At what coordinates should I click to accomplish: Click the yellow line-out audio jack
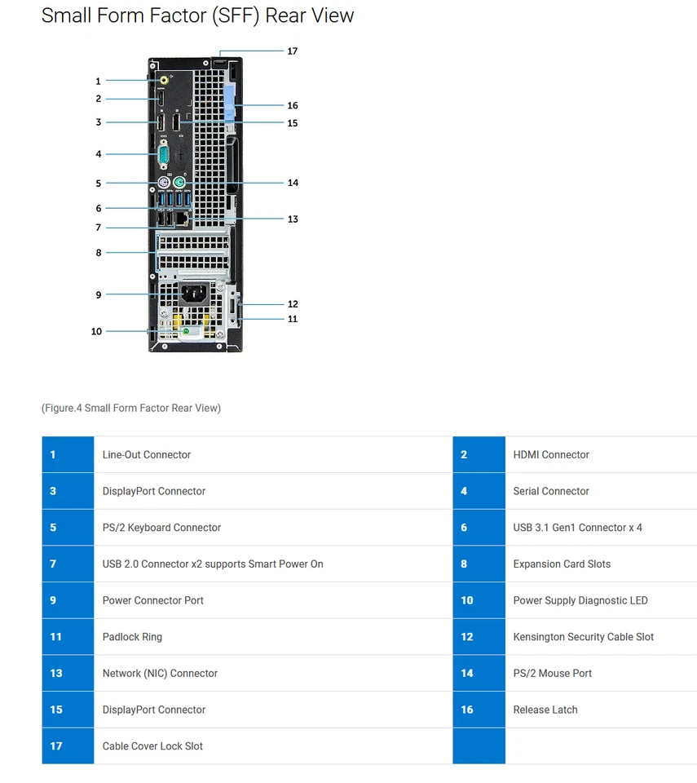click(164, 81)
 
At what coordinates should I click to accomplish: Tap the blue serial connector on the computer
click(161, 154)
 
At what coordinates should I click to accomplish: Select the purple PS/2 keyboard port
click(162, 183)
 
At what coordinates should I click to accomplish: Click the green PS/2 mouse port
click(179, 183)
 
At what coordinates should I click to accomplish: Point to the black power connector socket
click(192, 294)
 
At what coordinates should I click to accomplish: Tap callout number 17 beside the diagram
click(292, 51)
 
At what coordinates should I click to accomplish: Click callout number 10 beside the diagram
click(96, 331)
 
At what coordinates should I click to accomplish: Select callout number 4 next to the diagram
click(99, 154)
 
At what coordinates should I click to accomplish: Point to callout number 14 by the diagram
click(293, 183)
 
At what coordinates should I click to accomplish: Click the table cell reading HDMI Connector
click(551, 455)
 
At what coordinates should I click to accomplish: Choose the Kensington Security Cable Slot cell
click(583, 637)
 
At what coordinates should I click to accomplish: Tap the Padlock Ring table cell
click(132, 637)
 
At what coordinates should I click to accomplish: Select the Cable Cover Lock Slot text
click(152, 746)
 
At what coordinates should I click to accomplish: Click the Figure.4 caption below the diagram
click(130, 408)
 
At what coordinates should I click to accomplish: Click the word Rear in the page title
click(289, 15)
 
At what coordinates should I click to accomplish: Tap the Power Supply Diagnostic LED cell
click(580, 601)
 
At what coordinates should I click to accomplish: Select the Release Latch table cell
click(545, 710)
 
